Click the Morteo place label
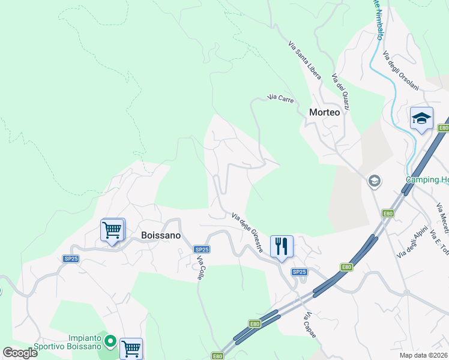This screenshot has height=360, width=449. tap(324, 112)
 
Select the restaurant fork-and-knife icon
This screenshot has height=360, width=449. tap(281, 246)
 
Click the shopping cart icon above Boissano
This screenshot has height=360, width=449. tap(112, 229)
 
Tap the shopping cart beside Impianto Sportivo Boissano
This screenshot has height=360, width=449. tap(131, 348)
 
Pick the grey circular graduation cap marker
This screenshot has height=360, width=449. tap(375, 181)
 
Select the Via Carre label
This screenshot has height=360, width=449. tap(280, 98)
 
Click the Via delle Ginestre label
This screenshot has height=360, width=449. tap(247, 232)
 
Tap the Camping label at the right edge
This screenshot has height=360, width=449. tap(427, 179)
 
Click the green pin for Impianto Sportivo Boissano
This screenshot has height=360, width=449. tap(110, 341)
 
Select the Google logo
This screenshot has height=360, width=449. tap(20, 353)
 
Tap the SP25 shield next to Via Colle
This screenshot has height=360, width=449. tap(202, 249)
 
